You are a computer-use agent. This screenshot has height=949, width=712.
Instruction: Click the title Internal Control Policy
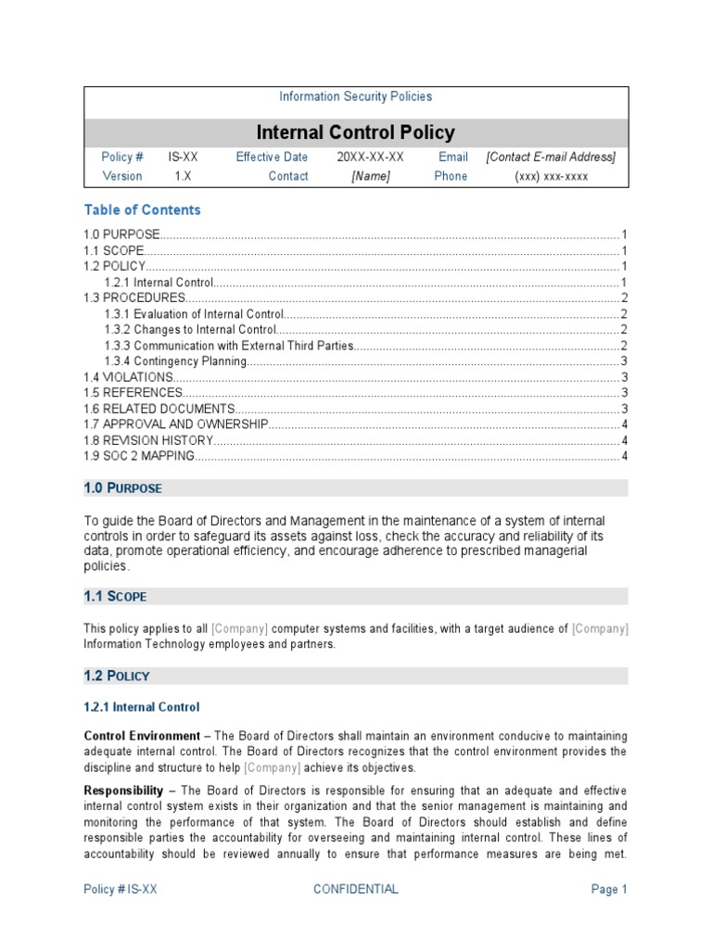click(355, 133)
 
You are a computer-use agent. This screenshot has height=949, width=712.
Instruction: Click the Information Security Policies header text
click(355, 96)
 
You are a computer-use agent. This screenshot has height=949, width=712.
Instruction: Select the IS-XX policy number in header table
click(183, 158)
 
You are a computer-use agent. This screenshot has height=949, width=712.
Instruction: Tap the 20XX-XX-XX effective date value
click(370, 158)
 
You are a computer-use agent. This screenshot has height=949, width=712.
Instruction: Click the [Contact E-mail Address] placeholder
click(551, 158)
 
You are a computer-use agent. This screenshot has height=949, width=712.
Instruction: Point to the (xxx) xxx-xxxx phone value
click(551, 176)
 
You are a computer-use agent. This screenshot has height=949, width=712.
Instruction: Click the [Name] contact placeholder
click(370, 176)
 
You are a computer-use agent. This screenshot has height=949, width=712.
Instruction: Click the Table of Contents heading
click(142, 210)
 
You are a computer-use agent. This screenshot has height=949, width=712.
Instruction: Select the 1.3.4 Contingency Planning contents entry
click(175, 361)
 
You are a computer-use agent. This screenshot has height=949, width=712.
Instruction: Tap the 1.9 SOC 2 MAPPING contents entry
click(139, 456)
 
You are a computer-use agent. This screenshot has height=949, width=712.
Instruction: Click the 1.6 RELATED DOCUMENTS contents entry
click(159, 409)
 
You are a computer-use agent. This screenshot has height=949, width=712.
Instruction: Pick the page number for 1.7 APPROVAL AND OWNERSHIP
click(625, 424)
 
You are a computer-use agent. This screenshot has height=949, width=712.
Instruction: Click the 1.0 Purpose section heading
click(122, 488)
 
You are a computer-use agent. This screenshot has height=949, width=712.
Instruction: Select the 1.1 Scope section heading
click(115, 597)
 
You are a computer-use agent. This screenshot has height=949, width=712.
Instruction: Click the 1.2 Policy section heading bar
click(356, 677)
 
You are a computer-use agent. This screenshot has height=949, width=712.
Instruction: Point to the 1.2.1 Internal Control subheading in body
click(141, 707)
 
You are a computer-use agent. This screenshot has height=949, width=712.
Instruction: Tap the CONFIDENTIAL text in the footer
click(356, 890)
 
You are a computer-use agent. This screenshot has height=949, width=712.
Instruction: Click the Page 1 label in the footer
click(609, 890)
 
